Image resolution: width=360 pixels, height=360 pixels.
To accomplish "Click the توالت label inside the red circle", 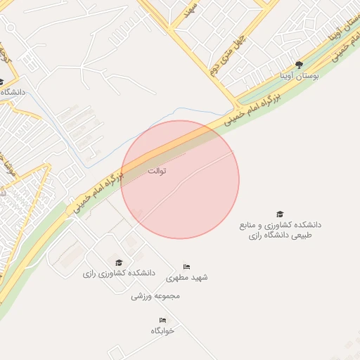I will pos(157,171).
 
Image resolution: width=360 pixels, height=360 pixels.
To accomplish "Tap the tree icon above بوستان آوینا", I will pos(299,64).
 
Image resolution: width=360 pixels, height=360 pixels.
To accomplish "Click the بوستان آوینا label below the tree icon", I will pos(299,74).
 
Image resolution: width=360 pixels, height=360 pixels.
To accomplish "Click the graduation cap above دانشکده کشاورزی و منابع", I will pos(280,214).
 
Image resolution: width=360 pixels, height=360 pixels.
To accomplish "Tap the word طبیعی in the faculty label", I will pos(297,235).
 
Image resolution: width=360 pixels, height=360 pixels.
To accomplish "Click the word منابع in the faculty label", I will pos(251,225).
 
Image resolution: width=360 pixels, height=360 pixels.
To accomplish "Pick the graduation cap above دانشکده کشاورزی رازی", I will pos(118,262).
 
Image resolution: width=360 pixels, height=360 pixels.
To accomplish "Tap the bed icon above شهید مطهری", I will pos(186,266).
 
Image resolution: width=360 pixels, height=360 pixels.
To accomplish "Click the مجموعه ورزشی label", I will pos(155,296).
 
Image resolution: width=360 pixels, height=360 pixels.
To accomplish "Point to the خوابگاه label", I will pos(162,330).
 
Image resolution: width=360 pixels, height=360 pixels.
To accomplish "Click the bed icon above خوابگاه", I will pos(162,320).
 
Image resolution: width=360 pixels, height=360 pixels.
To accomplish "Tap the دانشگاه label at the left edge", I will pos(13,92).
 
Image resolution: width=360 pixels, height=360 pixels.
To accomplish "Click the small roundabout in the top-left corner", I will pos(10,29).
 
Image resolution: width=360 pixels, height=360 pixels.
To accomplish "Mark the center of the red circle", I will pos(180,179).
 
